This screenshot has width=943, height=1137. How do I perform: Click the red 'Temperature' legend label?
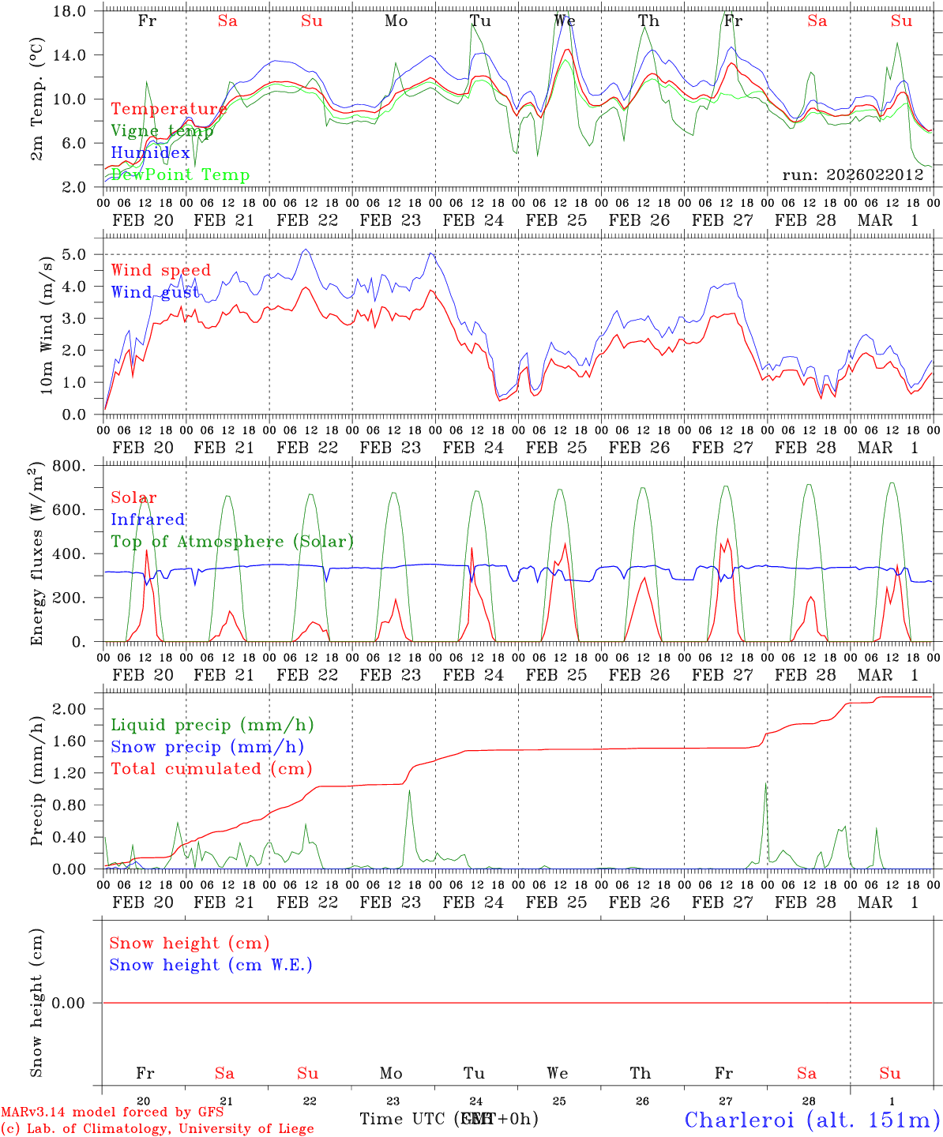(168, 109)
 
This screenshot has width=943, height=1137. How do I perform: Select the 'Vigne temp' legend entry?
(162, 131)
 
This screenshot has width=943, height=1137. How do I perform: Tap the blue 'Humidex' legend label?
(150, 153)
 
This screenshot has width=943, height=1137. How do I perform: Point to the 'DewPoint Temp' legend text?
(180, 174)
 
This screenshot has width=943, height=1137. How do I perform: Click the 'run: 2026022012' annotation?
(852, 174)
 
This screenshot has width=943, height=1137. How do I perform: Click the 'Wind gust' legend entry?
(155, 292)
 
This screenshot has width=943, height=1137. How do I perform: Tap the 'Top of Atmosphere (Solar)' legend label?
(232, 542)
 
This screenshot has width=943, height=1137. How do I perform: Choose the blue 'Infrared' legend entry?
(148, 520)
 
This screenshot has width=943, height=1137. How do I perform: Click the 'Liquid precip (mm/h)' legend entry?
(212, 725)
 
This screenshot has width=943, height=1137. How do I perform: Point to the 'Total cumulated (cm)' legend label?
(211, 768)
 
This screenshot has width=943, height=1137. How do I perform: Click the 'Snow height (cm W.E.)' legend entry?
(211, 965)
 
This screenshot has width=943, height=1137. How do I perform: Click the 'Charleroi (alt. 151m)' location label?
(813, 1120)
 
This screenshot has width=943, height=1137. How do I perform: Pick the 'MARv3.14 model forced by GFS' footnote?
(111, 1113)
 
